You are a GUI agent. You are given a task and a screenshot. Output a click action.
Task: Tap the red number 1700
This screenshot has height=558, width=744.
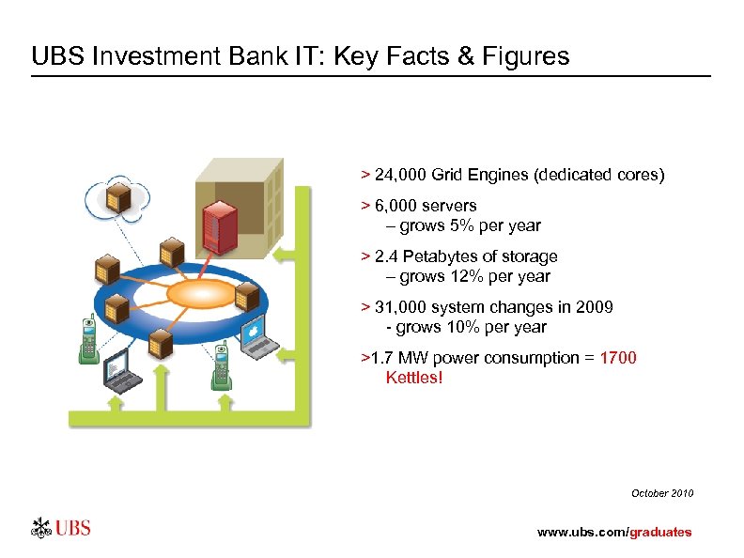617,358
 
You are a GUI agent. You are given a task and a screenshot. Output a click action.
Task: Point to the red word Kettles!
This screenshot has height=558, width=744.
413,378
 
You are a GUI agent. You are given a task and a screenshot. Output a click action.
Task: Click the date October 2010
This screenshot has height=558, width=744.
662,493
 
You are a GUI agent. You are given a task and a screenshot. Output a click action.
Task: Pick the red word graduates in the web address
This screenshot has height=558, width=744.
660,532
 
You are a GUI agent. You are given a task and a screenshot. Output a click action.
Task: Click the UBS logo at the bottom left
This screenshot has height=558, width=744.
62,528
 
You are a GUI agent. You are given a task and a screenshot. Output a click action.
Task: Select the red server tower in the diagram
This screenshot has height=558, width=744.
219,225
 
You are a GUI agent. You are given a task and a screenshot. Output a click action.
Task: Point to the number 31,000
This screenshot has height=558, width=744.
398,307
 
